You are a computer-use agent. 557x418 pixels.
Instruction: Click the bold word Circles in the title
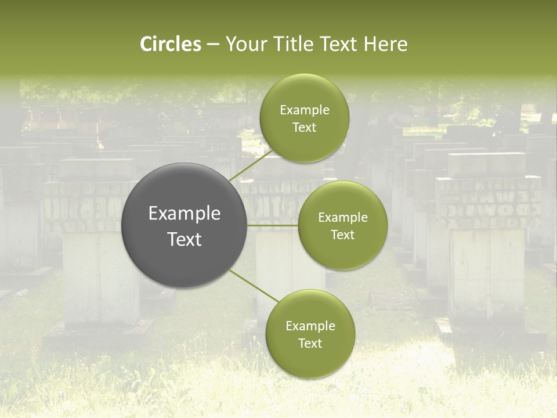point(170,44)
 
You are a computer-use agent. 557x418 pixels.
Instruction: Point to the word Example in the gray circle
point(185,214)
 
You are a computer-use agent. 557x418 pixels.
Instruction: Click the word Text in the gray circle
point(185,239)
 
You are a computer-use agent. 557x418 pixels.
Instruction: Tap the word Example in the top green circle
point(304,110)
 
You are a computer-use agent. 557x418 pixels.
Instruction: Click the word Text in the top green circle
point(304,127)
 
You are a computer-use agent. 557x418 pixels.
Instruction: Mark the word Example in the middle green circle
point(342,217)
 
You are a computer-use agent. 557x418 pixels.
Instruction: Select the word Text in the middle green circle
point(342,235)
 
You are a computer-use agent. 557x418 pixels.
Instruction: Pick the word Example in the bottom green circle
point(310,326)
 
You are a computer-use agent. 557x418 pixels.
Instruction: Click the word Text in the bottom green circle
point(310,343)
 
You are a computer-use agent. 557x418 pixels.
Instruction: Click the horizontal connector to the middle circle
point(273,225)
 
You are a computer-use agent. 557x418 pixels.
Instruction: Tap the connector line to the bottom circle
point(253,285)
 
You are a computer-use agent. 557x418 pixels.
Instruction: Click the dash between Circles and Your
point(213,44)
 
